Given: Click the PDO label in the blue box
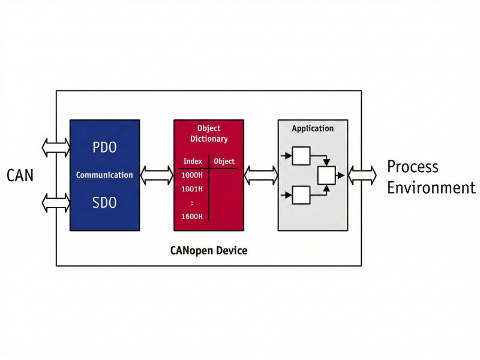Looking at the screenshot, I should [104, 147].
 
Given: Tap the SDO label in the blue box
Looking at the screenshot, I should [104, 203].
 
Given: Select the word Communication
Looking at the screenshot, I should [104, 175].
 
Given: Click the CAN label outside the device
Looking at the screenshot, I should [20, 175].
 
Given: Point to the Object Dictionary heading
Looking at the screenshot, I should [209, 133].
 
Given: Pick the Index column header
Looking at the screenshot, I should [193, 161].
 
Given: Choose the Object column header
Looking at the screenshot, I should [224, 161].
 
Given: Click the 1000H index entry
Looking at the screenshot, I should [192, 175].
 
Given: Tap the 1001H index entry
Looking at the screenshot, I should [192, 189].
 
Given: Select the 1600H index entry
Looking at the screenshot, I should [192, 217].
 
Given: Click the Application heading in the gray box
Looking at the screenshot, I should [313, 128].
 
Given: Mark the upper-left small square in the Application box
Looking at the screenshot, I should [301, 156].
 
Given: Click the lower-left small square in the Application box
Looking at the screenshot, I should [301, 195].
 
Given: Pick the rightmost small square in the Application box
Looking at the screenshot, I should [326, 175].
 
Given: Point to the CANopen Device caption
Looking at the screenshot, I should [209, 250].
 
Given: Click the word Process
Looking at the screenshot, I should [412, 167].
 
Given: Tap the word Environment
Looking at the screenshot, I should [431, 188].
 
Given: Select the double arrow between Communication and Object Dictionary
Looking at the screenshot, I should [157, 175].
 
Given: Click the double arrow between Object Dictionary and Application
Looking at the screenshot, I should [261, 175].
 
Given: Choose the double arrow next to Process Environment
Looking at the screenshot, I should [362, 175].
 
